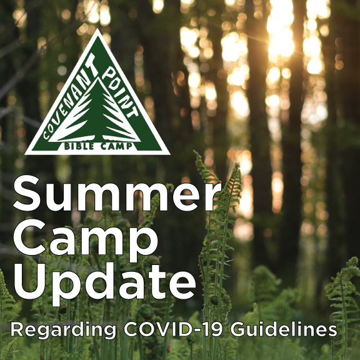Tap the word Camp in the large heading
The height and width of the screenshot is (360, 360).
point(86,241)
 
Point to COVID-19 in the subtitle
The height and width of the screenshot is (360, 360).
point(173,329)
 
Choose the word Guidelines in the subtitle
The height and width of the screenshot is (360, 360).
point(284,329)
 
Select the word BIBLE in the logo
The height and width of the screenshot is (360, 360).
point(79,146)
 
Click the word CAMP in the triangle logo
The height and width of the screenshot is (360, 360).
point(117,146)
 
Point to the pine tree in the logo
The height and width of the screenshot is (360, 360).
point(95,110)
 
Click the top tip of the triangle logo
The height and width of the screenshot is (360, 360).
point(97,29)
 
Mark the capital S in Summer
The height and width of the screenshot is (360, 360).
point(27,193)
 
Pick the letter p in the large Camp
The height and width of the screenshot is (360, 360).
point(142,245)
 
